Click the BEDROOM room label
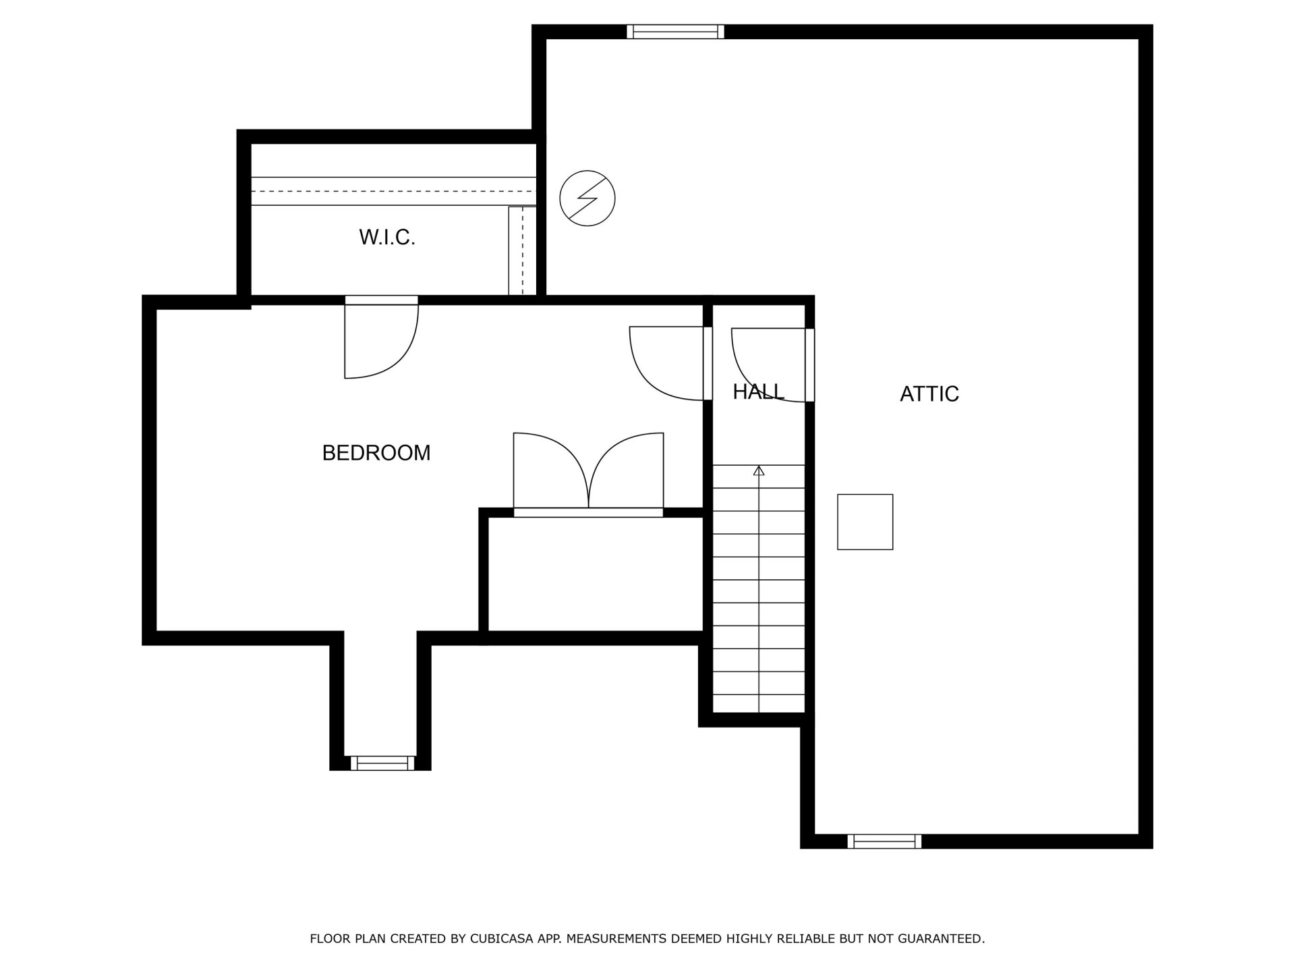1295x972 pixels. click(376, 452)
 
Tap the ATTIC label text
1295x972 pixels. click(929, 394)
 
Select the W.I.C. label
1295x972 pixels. click(387, 237)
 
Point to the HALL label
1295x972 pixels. click(759, 391)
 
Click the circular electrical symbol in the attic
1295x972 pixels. click(587, 198)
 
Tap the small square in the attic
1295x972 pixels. click(865, 522)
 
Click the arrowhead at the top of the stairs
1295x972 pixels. click(759, 470)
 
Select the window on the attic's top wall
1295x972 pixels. click(675, 32)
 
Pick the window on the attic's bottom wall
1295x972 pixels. click(884, 841)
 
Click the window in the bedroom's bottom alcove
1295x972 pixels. click(382, 763)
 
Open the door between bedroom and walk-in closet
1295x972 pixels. click(381, 337)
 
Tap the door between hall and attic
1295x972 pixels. click(772, 365)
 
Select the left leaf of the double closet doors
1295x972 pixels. click(551, 470)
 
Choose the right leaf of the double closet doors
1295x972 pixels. click(627, 470)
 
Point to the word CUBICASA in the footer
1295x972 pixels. click(498, 939)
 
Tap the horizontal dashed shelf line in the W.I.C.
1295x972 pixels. click(394, 191)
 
